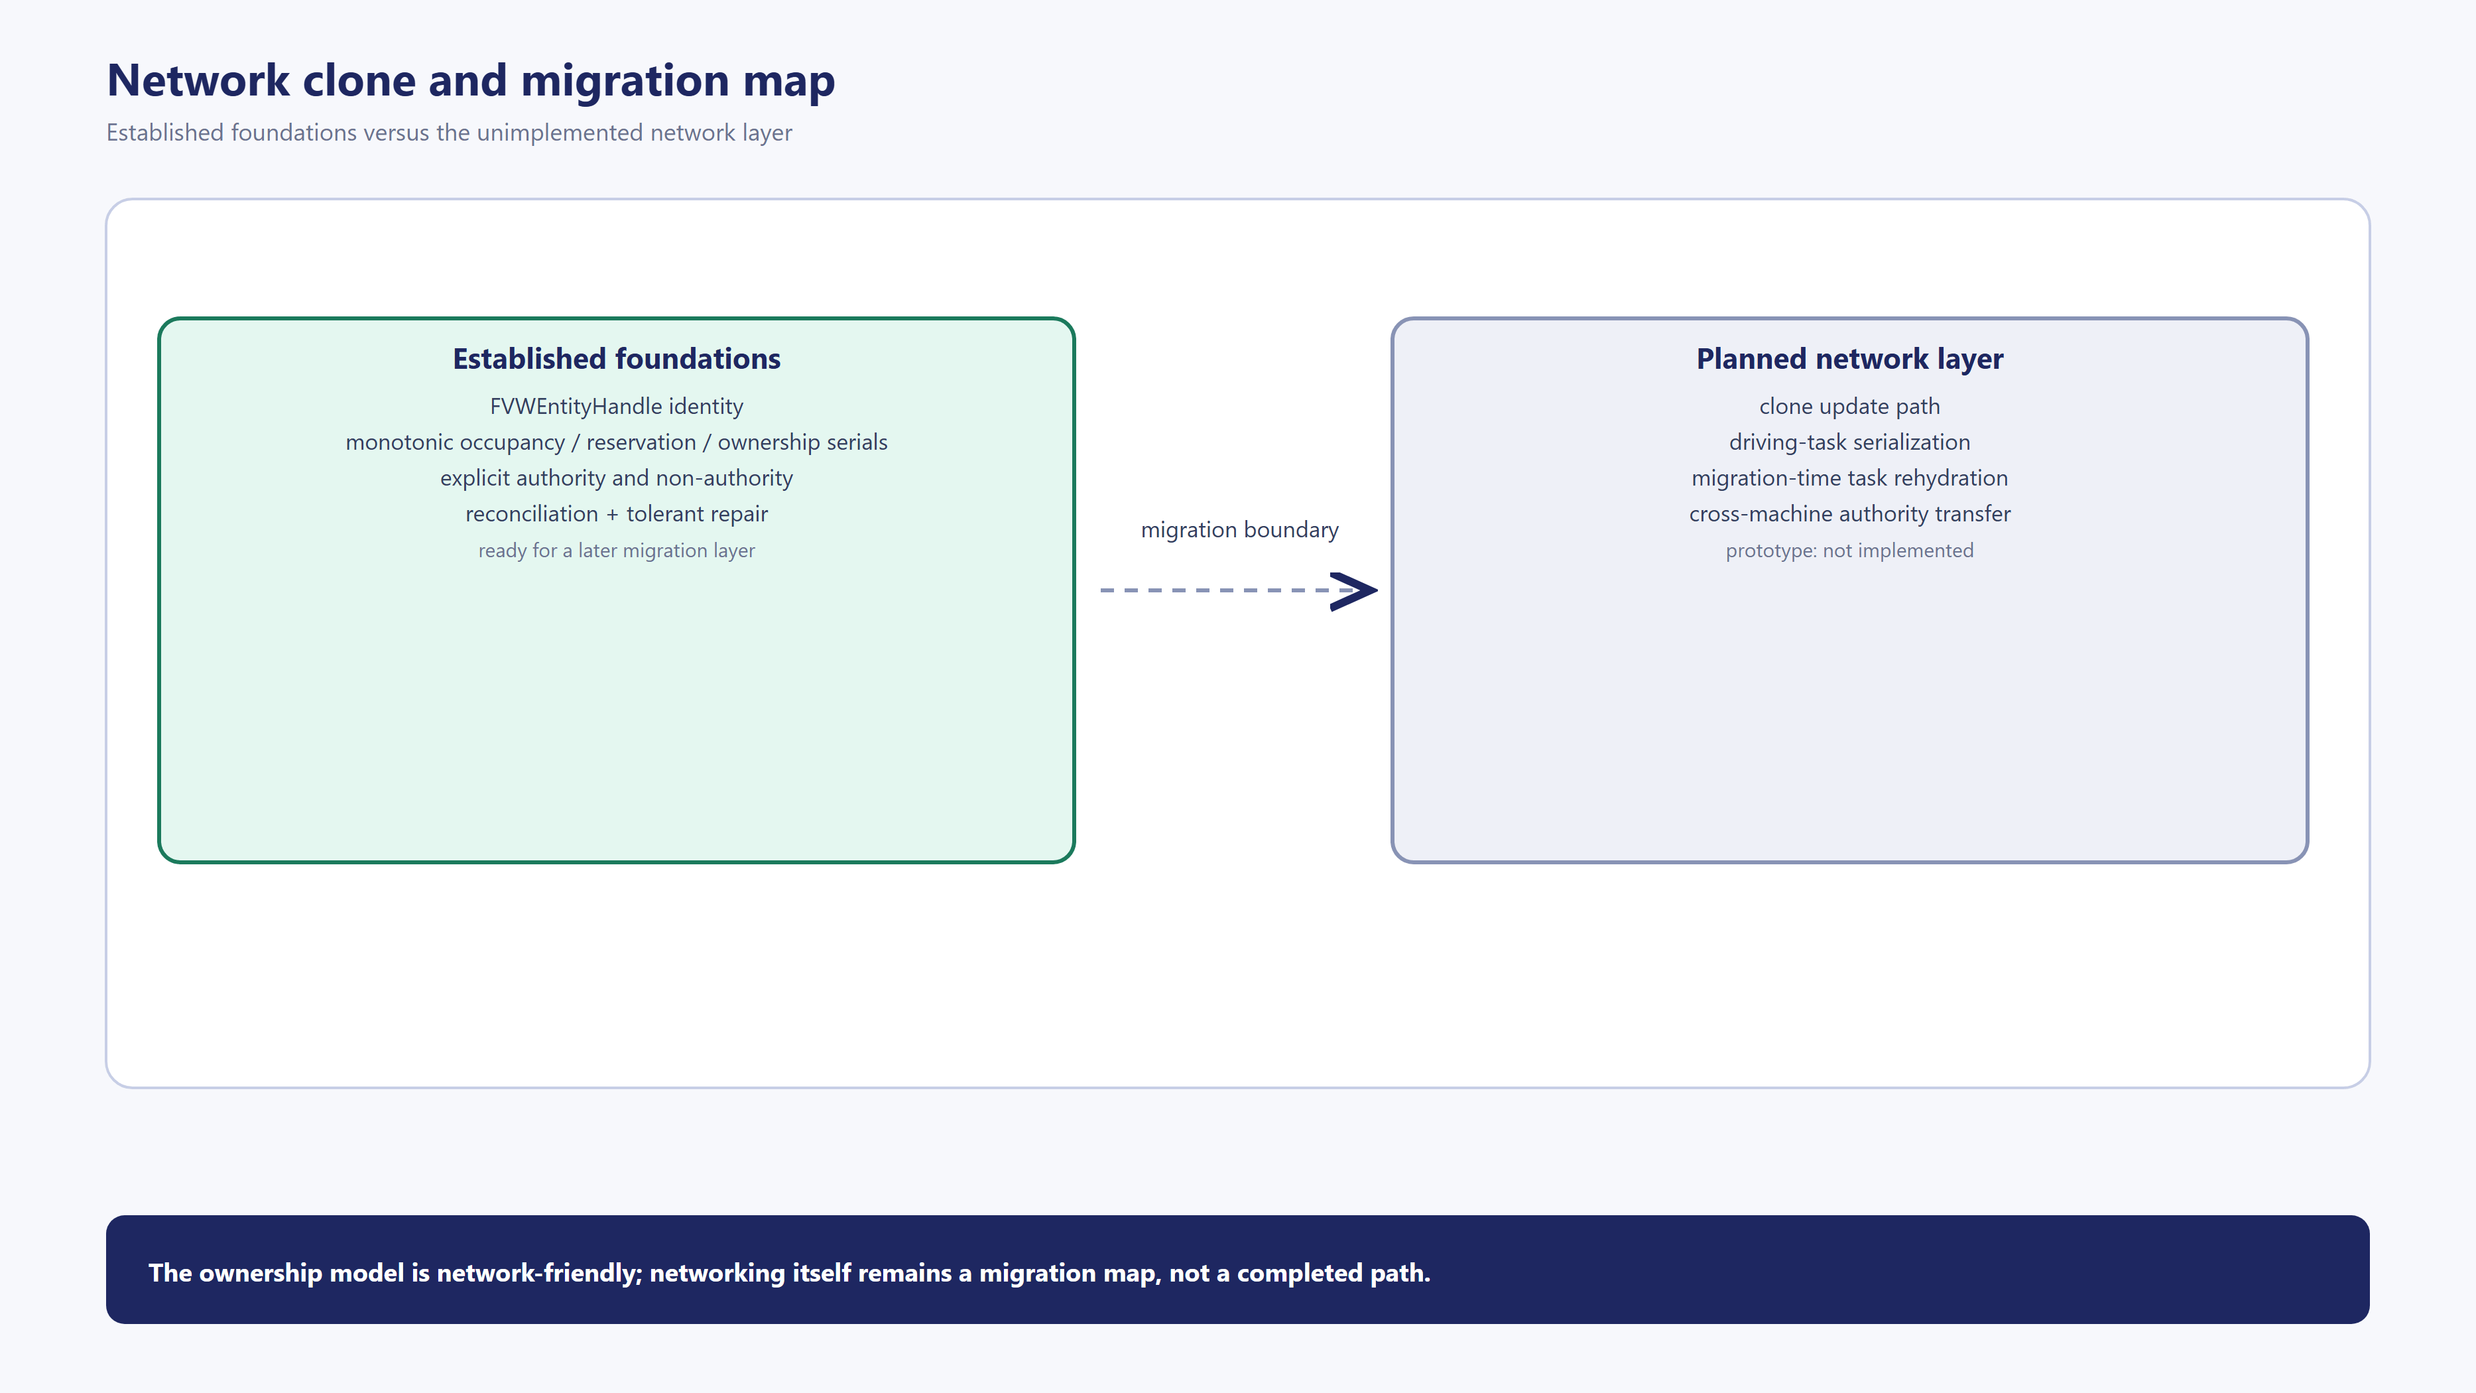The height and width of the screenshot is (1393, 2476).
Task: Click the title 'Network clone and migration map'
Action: click(x=471, y=81)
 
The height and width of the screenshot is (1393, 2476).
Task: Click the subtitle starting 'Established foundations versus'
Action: click(x=449, y=133)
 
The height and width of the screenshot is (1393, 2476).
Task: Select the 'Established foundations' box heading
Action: click(x=616, y=359)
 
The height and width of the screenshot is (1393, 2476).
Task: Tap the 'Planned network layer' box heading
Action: click(x=1849, y=360)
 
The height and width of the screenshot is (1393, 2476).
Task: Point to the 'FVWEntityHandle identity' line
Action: click(x=616, y=407)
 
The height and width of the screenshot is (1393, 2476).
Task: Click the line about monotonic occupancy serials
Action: click(x=616, y=442)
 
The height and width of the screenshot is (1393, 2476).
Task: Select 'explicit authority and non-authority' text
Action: click(x=616, y=478)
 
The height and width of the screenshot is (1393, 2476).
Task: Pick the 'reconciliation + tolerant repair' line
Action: click(x=616, y=513)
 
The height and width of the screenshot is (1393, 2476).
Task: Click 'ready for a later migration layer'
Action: click(x=616, y=551)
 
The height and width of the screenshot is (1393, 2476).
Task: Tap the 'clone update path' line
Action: click(x=1849, y=407)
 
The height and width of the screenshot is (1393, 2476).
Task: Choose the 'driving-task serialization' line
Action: click(x=1849, y=442)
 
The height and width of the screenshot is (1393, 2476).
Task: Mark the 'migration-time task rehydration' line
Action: click(x=1849, y=478)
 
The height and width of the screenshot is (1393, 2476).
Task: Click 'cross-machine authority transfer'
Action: click(x=1849, y=513)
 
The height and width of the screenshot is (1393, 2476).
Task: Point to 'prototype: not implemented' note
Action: click(x=1849, y=551)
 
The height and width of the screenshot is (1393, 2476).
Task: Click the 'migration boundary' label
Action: click(x=1239, y=530)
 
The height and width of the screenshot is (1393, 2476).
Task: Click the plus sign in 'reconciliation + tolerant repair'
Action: click(x=612, y=514)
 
